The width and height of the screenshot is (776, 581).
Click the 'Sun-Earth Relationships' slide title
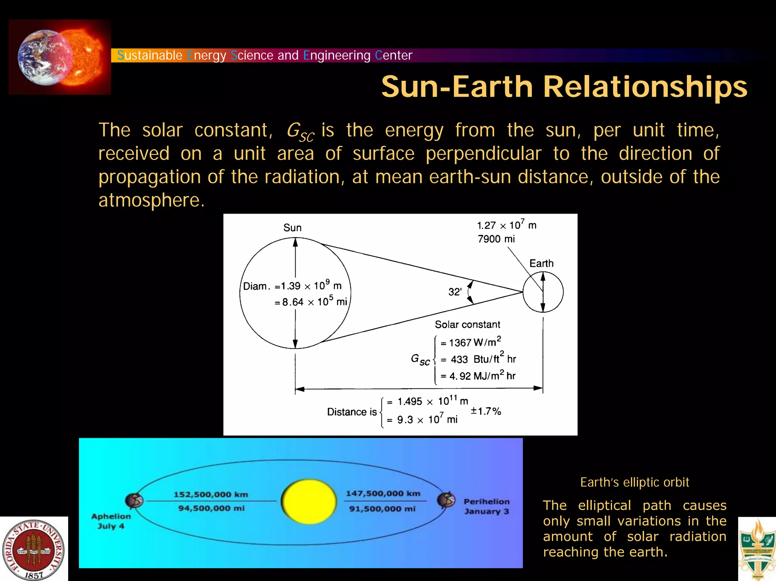click(x=564, y=87)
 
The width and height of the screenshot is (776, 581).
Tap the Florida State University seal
click(x=33, y=550)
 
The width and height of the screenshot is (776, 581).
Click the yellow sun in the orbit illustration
click(x=309, y=501)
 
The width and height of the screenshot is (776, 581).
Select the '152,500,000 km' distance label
click(x=211, y=494)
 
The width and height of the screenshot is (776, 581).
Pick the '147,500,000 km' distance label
click(x=383, y=494)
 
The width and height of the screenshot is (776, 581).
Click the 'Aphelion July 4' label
click(x=111, y=521)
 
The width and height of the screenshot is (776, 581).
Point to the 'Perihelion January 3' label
click(x=487, y=506)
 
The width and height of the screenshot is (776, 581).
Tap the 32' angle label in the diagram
click(x=455, y=292)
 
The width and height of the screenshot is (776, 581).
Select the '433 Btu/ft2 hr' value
click(x=483, y=359)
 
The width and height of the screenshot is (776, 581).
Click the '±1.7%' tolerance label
click(x=486, y=411)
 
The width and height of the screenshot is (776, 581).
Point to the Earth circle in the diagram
click(x=543, y=292)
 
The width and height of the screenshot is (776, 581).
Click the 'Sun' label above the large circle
click(x=293, y=228)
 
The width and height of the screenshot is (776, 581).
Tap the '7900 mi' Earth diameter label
click(x=496, y=239)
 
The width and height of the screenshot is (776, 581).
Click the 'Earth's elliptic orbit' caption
click(x=634, y=482)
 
